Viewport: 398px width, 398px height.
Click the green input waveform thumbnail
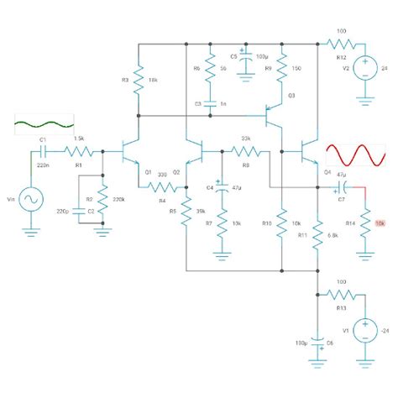(x=39, y=125)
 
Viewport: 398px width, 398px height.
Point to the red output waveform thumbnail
(x=355, y=156)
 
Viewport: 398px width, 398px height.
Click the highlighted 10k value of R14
(x=380, y=223)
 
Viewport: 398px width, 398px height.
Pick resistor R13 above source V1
(x=341, y=295)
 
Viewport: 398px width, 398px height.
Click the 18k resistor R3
(x=138, y=81)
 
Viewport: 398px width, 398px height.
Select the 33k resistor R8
(x=245, y=151)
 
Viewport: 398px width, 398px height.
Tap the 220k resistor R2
(x=102, y=200)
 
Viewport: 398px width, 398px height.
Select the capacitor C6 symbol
(x=319, y=343)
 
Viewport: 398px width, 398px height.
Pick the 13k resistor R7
(x=222, y=223)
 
